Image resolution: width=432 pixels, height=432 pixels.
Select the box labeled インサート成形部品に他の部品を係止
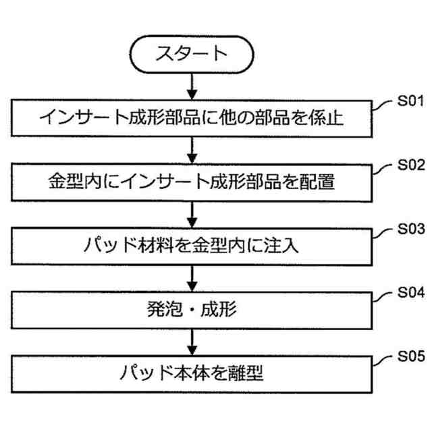click(x=192, y=119)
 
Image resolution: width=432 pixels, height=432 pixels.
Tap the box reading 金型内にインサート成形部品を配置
click(x=192, y=182)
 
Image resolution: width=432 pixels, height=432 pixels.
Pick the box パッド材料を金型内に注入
click(x=192, y=244)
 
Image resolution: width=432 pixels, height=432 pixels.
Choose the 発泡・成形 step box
click(x=192, y=309)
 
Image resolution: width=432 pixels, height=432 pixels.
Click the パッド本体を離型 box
click(x=192, y=373)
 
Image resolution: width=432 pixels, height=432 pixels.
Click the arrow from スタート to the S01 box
click(x=193, y=86)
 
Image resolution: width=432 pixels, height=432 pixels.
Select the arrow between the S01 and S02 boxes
click(x=193, y=150)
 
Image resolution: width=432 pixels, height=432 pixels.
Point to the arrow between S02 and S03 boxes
click(x=193, y=213)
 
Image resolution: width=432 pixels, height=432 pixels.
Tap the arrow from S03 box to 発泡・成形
click(x=193, y=277)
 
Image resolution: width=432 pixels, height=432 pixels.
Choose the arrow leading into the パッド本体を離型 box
click(x=193, y=341)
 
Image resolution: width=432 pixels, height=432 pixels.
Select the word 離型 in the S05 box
click(x=246, y=373)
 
